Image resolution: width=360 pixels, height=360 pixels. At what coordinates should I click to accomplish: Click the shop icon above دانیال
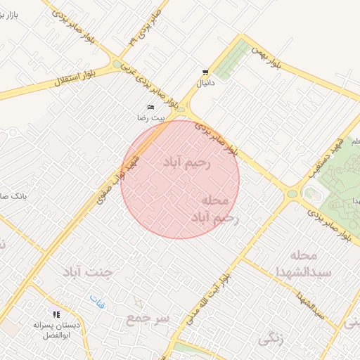[x=205, y=72]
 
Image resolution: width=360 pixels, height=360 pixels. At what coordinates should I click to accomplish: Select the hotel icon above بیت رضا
[x=150, y=108]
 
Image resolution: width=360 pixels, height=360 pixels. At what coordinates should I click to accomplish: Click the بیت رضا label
[x=150, y=118]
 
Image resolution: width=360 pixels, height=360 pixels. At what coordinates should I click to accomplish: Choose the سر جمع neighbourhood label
[x=148, y=319]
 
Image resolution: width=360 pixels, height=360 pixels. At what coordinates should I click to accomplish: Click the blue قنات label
[x=98, y=302]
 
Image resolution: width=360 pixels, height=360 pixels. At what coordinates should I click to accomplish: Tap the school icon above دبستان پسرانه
[x=56, y=314]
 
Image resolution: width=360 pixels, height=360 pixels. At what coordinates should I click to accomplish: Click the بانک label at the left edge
[x=14, y=197]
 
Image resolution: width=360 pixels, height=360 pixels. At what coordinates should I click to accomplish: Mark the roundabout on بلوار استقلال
[x=117, y=65]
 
